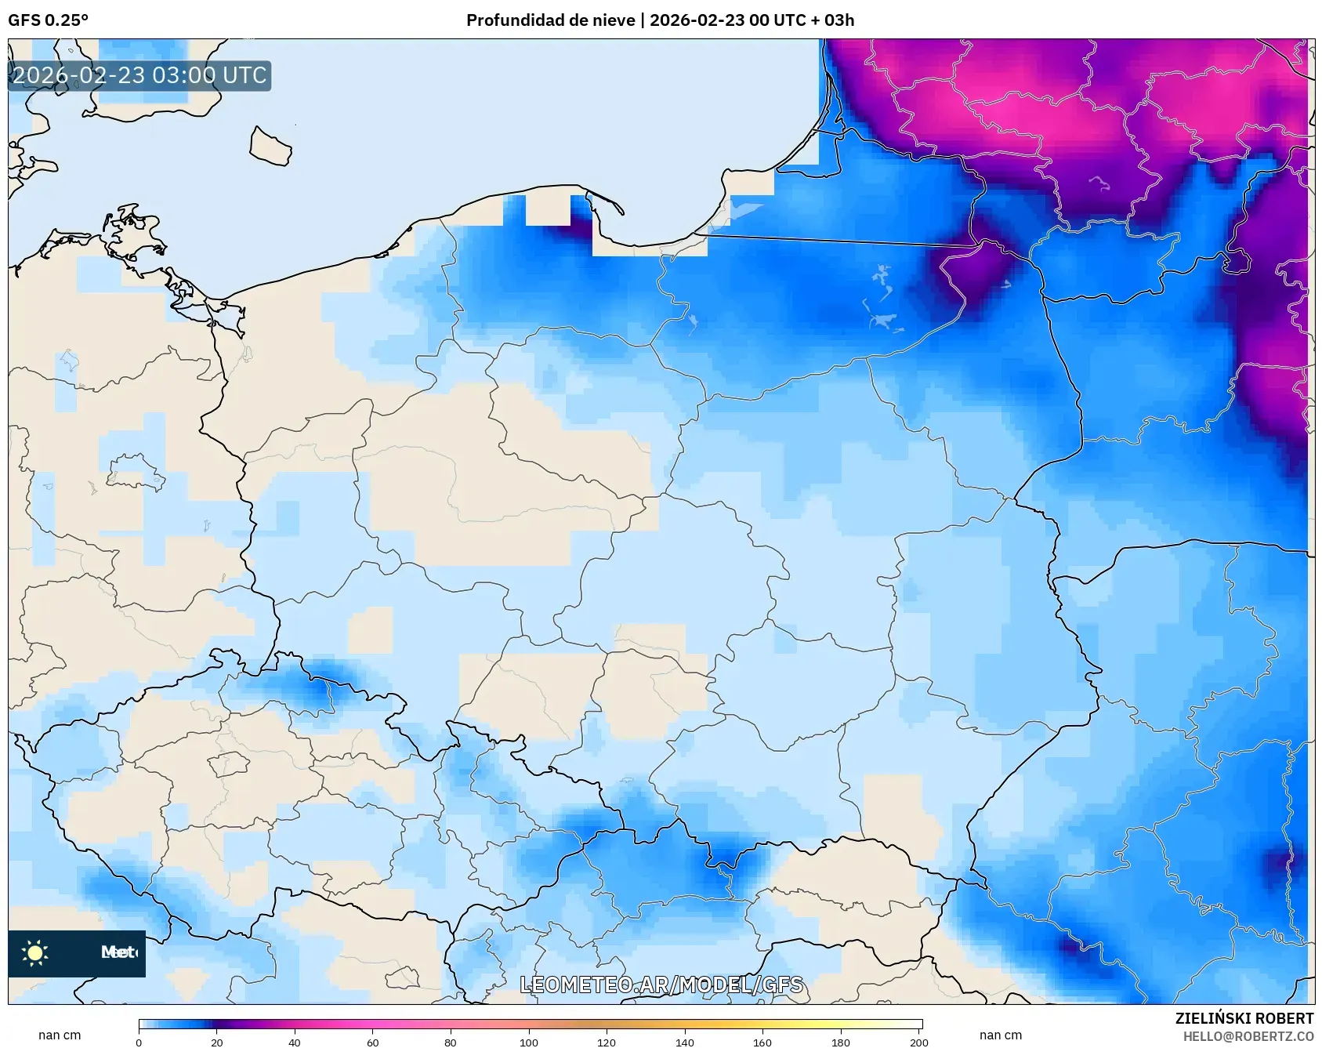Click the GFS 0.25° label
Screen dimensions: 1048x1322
[x=48, y=20]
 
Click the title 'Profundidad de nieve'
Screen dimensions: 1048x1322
[x=550, y=20]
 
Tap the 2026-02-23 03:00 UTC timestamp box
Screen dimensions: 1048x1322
[x=139, y=76]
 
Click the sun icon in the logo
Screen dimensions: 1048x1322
[x=35, y=953]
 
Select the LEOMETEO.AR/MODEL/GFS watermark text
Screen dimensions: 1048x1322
[x=661, y=985]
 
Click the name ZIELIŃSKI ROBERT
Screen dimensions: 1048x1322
[x=1244, y=1018]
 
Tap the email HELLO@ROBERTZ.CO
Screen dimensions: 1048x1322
[x=1248, y=1036]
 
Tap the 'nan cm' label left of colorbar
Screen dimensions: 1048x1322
[x=60, y=1035]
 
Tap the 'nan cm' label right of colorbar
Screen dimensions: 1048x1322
[x=1000, y=1035]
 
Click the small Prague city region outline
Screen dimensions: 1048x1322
[x=228, y=763]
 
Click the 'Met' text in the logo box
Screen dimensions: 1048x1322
[x=118, y=952]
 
